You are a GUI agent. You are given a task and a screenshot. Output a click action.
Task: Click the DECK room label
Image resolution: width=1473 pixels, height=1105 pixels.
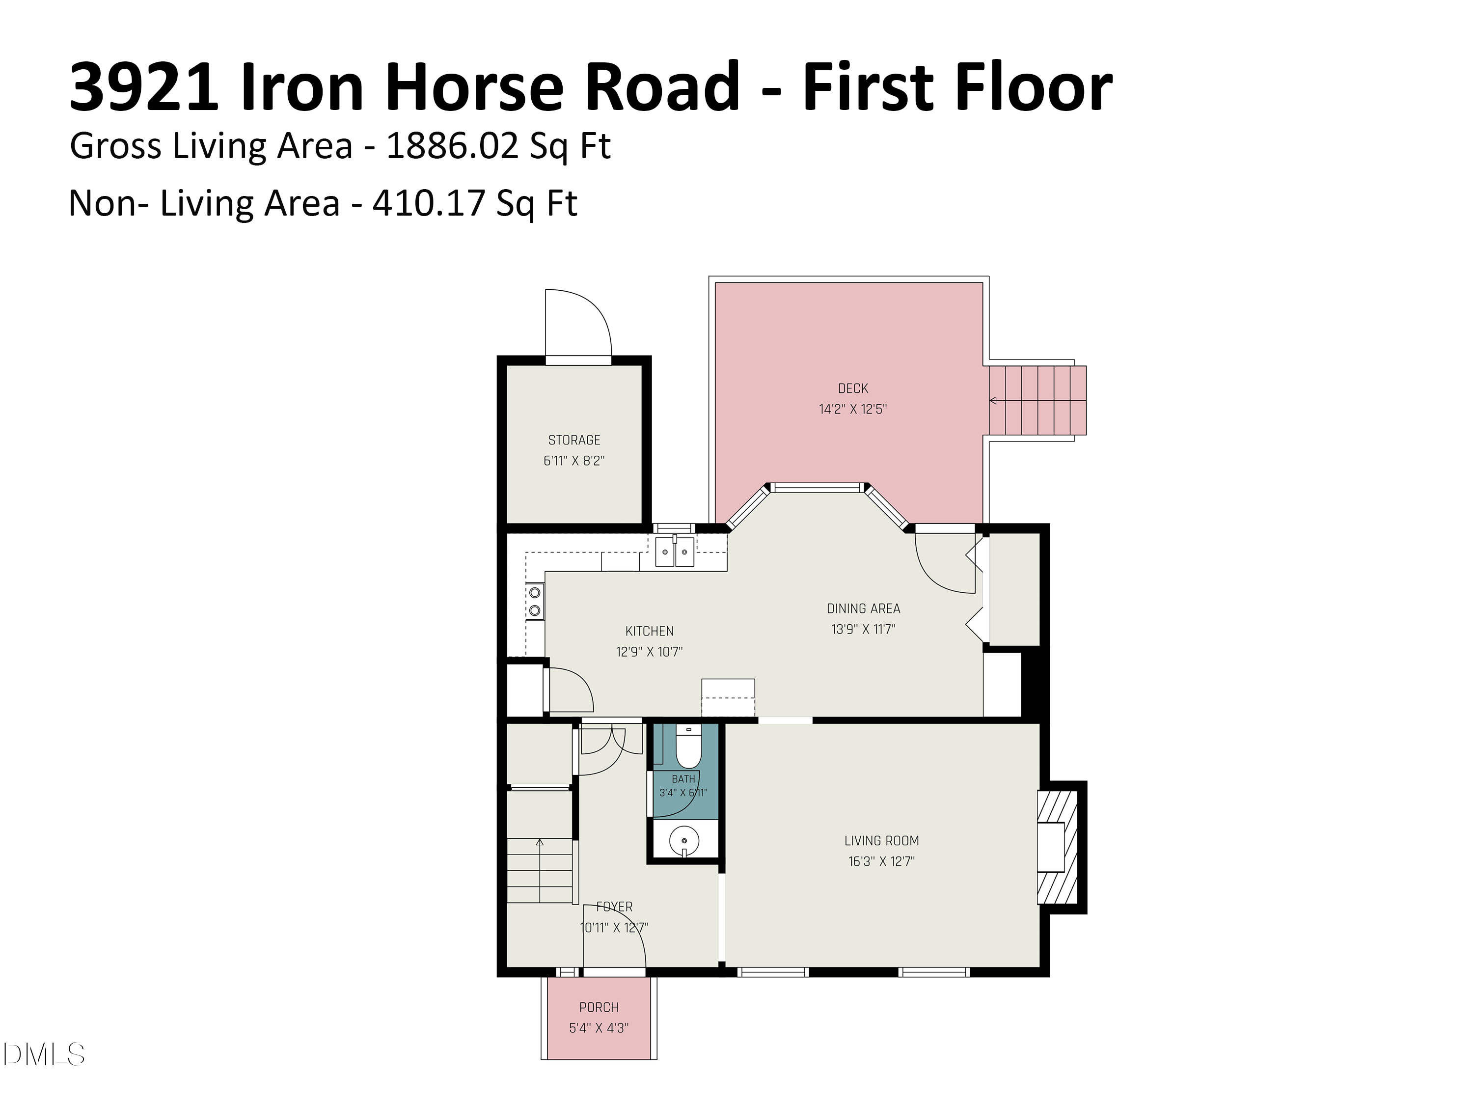852,388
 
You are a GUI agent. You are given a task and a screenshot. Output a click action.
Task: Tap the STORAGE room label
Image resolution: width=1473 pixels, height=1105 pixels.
574,440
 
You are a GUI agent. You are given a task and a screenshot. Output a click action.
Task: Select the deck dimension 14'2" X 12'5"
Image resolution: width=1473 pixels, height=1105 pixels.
852,409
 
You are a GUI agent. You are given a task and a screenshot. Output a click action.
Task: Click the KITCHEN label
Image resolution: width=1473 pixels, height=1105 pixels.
649,631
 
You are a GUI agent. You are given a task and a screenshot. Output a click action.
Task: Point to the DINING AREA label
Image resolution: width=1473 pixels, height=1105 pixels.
863,608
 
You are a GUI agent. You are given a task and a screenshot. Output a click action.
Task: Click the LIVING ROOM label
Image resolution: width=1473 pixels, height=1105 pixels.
882,841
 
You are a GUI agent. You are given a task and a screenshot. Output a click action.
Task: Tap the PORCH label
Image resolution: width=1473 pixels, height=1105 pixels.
599,1007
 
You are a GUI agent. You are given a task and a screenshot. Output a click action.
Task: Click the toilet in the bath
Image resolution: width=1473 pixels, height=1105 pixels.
688,746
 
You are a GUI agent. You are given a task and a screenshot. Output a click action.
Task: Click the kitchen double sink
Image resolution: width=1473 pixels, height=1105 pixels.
675,552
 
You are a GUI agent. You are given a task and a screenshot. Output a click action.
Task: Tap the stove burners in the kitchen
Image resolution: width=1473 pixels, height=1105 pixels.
534,601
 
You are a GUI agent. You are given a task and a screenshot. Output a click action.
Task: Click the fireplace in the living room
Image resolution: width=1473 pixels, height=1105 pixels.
1058,847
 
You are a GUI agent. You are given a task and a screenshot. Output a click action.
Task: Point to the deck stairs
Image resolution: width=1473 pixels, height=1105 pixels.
1037,400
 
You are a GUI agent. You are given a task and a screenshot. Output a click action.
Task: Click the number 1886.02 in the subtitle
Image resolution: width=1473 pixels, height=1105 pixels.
452,145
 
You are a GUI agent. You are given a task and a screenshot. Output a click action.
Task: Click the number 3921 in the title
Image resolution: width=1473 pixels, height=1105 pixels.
144,86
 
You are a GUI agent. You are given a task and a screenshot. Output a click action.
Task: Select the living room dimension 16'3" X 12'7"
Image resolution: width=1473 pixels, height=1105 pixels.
882,861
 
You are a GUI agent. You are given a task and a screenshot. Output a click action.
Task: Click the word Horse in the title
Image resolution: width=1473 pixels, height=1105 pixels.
474,86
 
